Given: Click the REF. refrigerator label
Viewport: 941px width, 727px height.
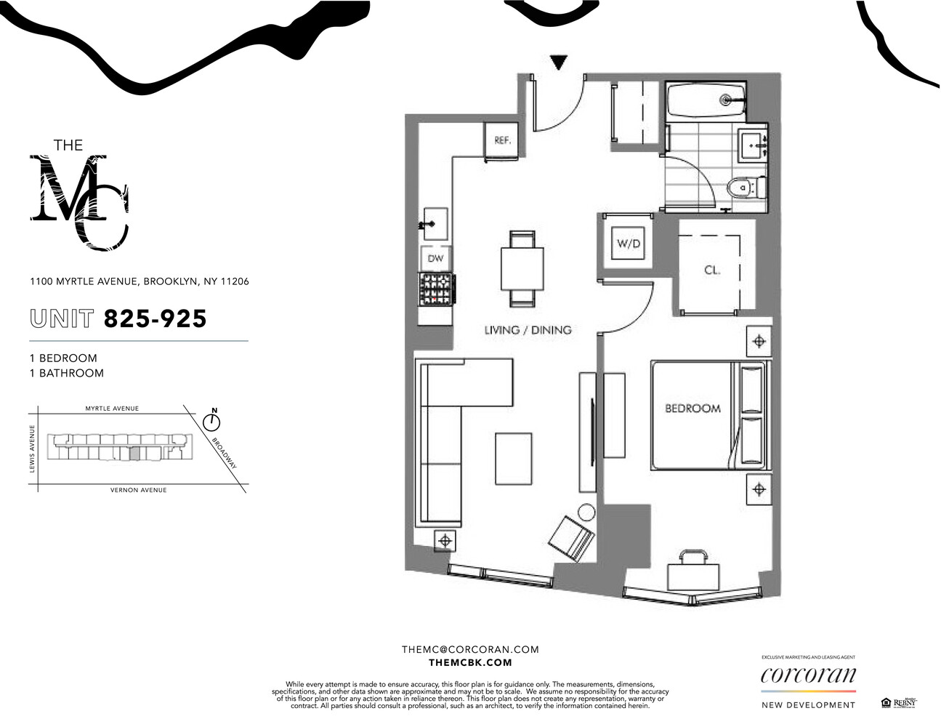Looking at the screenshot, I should (502, 140).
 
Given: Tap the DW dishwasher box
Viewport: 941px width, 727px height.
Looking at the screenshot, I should (435, 258).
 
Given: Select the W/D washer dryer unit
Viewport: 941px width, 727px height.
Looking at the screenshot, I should (629, 244).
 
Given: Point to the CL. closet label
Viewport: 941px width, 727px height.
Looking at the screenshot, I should (712, 270).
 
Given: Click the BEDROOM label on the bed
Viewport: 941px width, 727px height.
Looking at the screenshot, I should (692, 409).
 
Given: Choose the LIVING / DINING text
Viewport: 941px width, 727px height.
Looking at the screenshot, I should (528, 330).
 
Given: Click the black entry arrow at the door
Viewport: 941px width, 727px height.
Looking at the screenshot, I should (558, 63).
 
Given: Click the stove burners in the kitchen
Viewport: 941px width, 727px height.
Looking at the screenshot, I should (437, 289).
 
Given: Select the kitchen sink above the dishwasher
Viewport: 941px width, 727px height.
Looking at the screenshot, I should (434, 224).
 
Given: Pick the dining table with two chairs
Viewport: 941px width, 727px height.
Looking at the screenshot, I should (522, 268).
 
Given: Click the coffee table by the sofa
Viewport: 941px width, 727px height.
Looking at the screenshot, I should (513, 458).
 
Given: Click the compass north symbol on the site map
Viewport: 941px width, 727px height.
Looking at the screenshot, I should (213, 420).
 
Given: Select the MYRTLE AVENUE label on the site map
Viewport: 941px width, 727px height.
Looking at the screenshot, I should (112, 409).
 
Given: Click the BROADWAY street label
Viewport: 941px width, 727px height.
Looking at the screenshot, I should (225, 452).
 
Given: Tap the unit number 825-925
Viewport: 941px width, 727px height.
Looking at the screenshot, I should (155, 318).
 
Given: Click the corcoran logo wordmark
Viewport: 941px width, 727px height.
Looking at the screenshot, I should (808, 675).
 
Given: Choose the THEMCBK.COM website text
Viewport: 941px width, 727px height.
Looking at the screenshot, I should (470, 662).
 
